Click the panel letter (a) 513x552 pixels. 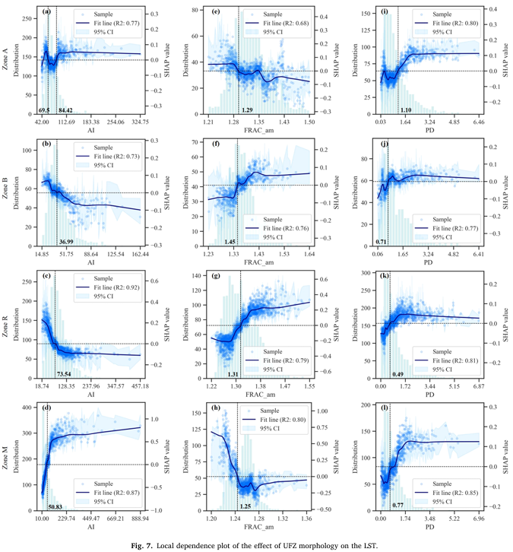47,11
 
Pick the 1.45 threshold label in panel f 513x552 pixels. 230,241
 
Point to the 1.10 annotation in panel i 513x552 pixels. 407,110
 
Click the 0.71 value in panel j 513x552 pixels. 381,241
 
